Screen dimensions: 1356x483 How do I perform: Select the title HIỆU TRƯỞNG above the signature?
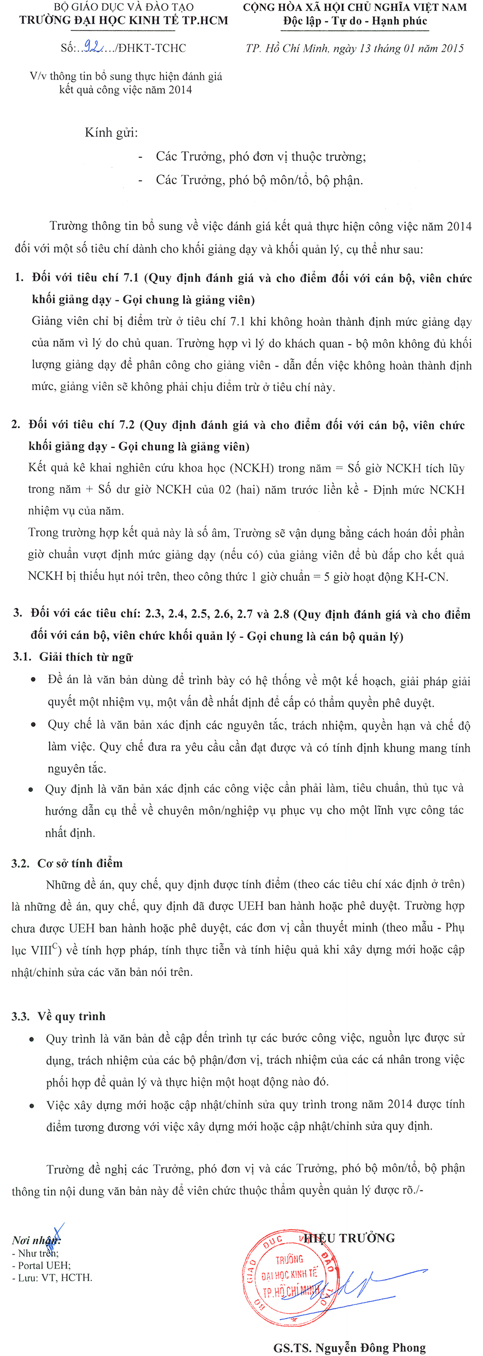coord(350,1238)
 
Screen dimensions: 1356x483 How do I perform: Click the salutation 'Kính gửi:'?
coord(111,132)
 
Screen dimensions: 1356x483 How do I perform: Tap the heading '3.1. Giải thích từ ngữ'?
coord(72,657)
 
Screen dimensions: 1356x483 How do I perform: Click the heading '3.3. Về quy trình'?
coord(58,1016)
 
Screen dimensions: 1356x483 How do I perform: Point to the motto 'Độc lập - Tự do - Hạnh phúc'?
coord(355,22)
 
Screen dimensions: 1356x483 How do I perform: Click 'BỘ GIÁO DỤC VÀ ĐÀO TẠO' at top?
coord(124,7)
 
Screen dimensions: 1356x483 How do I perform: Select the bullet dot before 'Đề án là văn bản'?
coord(34,680)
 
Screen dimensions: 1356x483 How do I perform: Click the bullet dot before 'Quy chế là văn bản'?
coord(34,725)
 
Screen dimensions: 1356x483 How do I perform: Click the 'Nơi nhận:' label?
coord(36,1240)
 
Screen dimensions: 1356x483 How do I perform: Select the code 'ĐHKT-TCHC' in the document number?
coord(152,48)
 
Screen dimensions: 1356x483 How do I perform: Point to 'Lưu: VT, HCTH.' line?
coord(52,1278)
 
